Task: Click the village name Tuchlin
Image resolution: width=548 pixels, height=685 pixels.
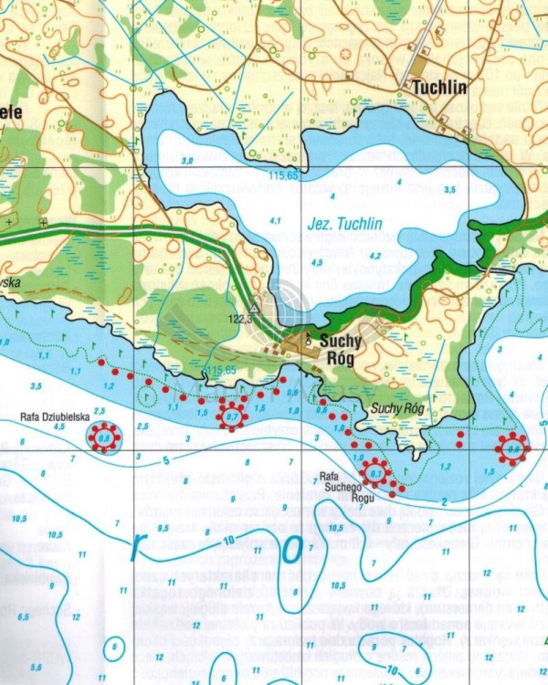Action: coord(439,89)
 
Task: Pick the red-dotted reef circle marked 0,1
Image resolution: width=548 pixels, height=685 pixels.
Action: coord(375,473)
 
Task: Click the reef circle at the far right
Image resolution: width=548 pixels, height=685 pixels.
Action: coord(512,448)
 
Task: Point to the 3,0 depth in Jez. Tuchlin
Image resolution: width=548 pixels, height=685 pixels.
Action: coord(187,161)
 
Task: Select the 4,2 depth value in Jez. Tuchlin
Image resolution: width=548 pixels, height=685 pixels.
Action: coord(374,256)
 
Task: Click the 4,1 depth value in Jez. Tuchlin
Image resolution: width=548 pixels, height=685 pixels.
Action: coord(275,220)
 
